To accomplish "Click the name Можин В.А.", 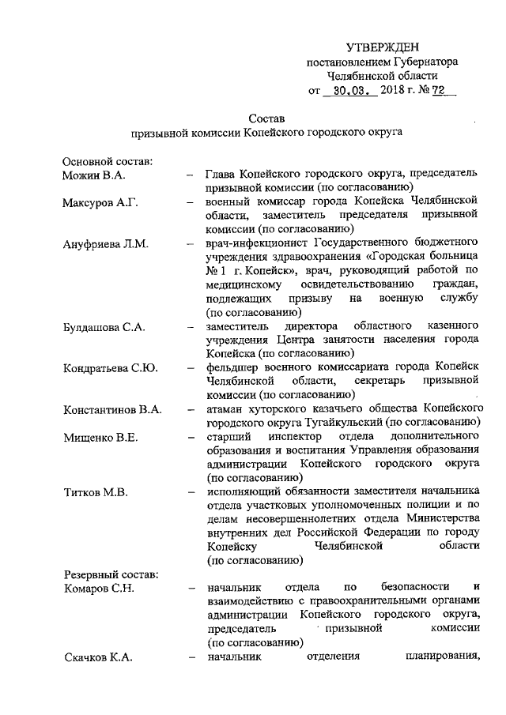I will click(94, 174).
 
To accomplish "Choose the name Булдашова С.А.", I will click(106, 326).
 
